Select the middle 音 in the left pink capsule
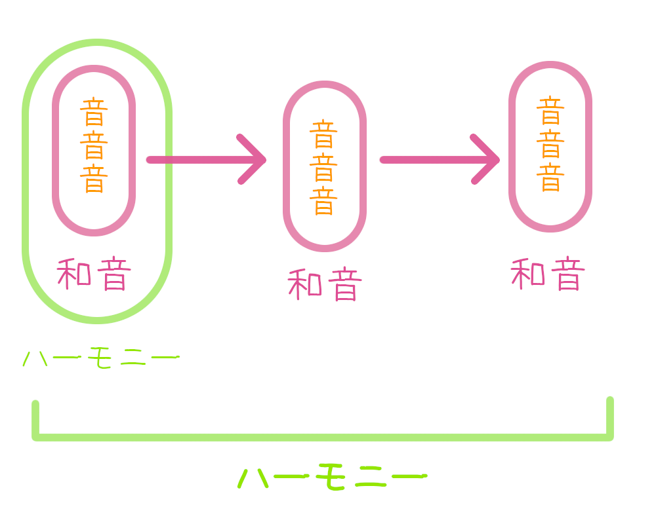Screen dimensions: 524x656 tap(94, 145)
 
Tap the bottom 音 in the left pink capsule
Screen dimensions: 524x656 tap(94, 179)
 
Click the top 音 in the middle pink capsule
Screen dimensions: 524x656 tap(323, 134)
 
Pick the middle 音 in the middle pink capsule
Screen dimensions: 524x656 tap(323, 168)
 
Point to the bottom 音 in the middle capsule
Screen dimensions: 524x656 tap(323, 201)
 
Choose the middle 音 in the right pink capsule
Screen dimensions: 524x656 tap(550, 144)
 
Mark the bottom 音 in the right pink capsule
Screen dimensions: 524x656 tap(550, 178)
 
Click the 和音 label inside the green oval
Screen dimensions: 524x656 tap(94, 275)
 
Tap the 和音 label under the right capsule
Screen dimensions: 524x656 tap(548, 275)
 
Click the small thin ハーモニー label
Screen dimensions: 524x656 tap(100, 359)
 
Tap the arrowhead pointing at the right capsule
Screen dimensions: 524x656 tap(489, 160)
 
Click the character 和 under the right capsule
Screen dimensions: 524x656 tap(528, 275)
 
